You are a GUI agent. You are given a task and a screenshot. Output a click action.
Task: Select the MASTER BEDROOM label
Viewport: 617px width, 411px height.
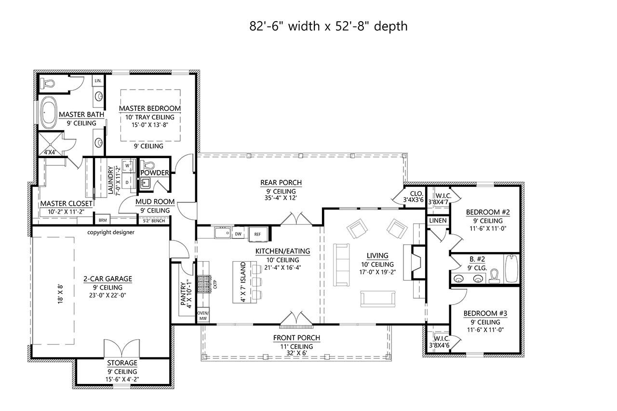click(x=150, y=108)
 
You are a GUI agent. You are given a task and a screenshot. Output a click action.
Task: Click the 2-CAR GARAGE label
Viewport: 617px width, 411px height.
click(x=107, y=278)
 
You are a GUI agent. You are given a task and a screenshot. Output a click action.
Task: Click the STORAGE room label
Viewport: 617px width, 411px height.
click(x=122, y=363)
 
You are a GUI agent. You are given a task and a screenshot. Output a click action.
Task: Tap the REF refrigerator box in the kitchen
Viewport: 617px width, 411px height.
click(x=257, y=234)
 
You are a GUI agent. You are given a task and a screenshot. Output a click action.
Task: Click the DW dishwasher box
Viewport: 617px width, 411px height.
click(x=238, y=234)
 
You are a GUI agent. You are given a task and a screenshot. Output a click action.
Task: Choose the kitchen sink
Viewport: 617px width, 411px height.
click(x=222, y=234)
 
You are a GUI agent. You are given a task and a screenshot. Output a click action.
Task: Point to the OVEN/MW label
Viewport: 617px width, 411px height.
click(x=203, y=316)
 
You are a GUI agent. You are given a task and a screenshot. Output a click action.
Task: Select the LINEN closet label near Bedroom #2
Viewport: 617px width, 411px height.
click(x=438, y=221)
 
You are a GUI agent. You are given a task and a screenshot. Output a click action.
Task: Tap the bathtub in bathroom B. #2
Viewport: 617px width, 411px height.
click(x=511, y=268)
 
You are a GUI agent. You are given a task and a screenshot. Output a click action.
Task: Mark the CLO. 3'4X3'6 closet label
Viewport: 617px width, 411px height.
click(x=413, y=197)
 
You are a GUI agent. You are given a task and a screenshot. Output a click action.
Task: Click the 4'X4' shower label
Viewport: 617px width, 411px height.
click(x=50, y=152)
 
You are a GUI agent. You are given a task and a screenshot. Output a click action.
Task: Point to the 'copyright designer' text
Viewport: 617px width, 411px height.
click(x=111, y=232)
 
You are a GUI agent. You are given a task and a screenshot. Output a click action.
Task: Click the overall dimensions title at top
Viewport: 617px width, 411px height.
click(x=328, y=26)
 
